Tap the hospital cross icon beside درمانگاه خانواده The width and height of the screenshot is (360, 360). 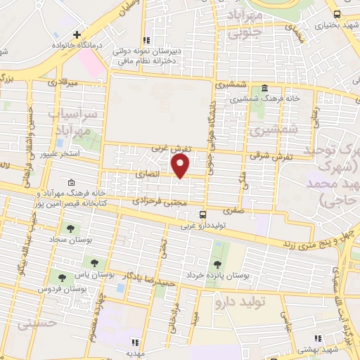77,34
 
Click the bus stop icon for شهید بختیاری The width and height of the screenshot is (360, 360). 337,14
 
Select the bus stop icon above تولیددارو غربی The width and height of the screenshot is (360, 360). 203,214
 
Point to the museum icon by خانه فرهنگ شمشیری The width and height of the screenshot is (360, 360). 264,89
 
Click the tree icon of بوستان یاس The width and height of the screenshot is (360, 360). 94,263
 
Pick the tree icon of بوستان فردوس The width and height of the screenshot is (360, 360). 63,278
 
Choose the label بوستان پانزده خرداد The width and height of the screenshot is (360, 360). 217,276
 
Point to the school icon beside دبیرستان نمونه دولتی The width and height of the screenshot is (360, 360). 148,40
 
